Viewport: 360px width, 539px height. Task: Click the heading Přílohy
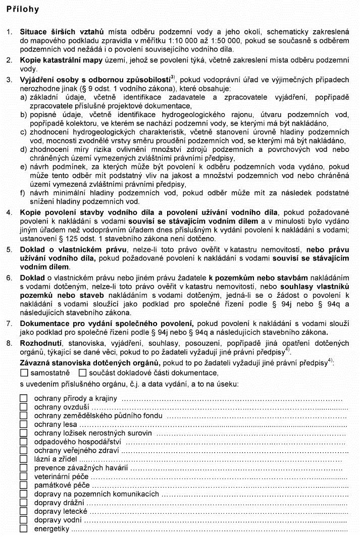pos(23,10)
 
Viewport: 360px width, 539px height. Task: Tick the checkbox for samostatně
pos(25,373)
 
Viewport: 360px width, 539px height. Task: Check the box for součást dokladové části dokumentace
pos(83,373)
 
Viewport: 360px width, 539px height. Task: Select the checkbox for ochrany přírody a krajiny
pos(24,398)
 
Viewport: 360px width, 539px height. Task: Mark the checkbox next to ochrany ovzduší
pos(24,407)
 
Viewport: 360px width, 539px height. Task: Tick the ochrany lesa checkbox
pos(24,424)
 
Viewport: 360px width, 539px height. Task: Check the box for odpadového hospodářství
pos(24,442)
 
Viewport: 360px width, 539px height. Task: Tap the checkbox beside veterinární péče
pos(24,476)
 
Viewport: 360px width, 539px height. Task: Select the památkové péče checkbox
pos(24,485)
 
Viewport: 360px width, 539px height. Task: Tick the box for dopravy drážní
pos(24,503)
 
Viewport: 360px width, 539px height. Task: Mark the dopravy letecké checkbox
pos(24,511)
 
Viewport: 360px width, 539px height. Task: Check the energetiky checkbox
pos(24,529)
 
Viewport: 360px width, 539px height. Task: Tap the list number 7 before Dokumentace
pos(9,322)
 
